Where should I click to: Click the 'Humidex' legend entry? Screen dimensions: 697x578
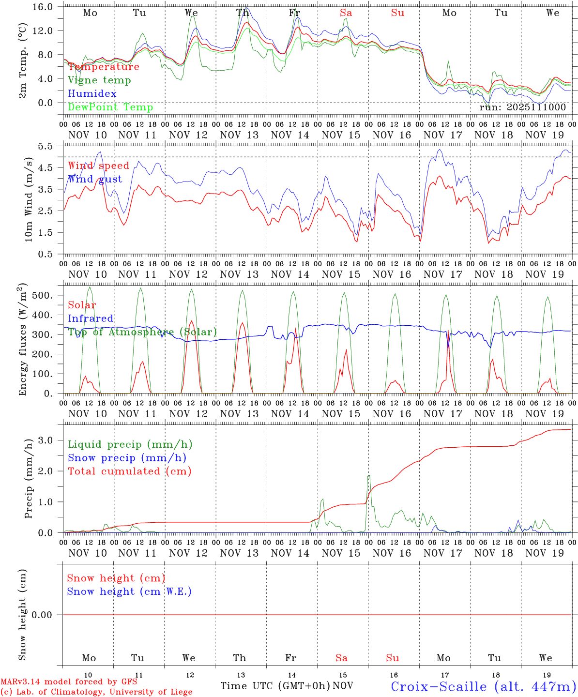(92, 93)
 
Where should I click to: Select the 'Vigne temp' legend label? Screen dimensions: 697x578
(99, 80)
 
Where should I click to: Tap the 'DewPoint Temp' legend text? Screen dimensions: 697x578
(110, 107)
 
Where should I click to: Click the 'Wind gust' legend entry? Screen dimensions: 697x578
(95, 179)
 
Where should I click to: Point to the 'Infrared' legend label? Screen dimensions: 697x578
(91, 318)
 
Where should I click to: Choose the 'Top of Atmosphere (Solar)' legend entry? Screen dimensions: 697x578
(142, 332)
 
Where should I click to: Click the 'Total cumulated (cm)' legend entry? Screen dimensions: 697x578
(130, 471)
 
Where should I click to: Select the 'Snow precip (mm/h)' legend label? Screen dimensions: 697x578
(127, 457)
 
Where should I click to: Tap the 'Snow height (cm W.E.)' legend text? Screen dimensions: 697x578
(129, 591)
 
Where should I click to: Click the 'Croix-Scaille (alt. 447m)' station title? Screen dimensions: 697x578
(483, 686)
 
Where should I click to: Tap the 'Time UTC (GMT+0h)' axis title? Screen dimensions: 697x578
(275, 686)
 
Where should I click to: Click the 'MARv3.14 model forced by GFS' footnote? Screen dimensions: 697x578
(69, 682)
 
